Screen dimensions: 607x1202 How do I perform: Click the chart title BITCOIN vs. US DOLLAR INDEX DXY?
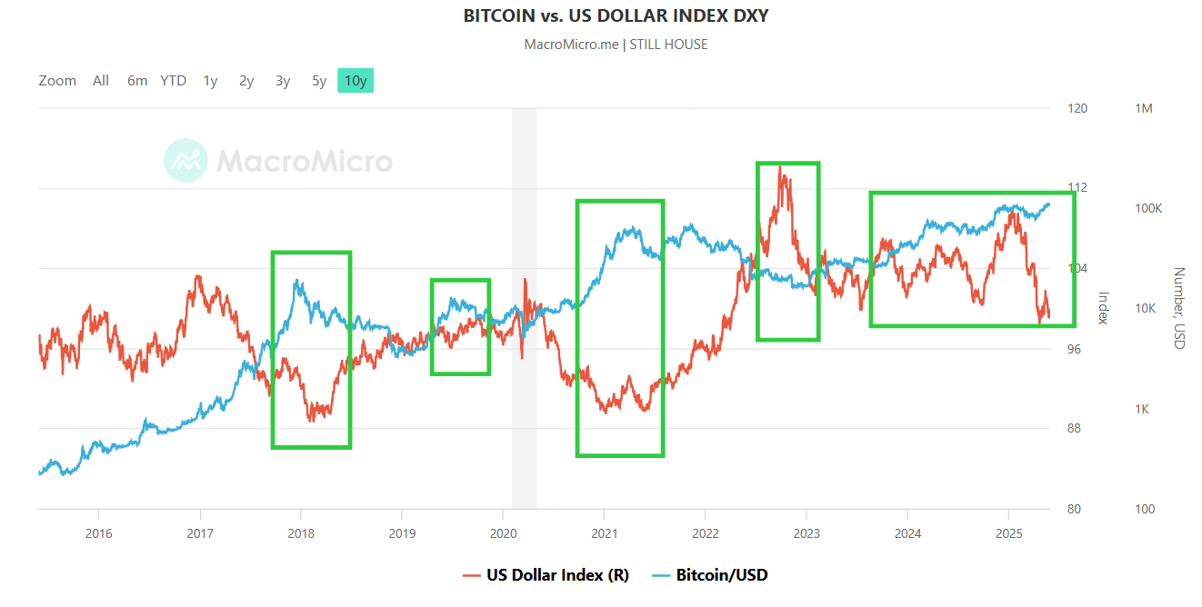616,15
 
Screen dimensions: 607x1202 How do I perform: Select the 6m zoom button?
137,81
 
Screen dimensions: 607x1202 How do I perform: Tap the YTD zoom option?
173,81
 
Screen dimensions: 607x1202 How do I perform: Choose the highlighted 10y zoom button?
356,81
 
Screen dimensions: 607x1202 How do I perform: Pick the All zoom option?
101,81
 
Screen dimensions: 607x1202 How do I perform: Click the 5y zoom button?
319,81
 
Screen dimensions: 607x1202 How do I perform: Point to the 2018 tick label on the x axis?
301,532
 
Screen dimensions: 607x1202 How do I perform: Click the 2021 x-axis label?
605,532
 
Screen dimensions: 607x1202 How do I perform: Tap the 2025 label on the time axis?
1008,532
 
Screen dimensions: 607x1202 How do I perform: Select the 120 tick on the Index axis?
1077,108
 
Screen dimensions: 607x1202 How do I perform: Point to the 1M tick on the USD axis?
1144,108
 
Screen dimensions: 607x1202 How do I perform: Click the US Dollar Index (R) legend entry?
546,575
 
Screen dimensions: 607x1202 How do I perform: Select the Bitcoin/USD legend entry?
711,575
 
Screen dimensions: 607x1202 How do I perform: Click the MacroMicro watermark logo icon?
185,161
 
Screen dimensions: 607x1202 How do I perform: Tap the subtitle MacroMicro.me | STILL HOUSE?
616,45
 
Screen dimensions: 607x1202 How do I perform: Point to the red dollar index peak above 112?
780,168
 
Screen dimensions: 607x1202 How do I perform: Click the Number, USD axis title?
1178,308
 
